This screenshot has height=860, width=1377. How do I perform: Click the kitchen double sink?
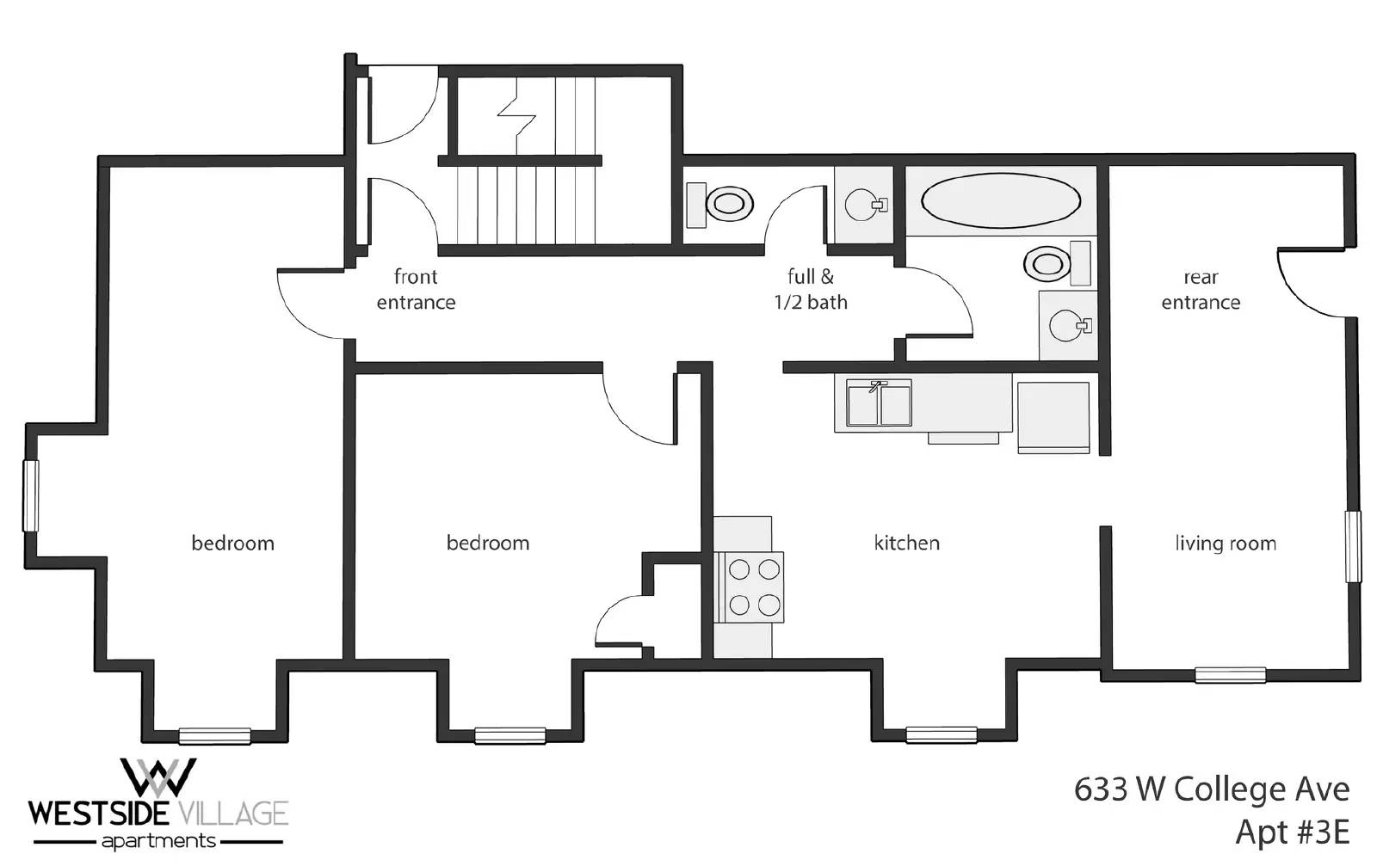(879, 403)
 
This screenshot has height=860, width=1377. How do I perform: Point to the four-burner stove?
(754, 587)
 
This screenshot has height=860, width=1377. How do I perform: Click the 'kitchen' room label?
(907, 543)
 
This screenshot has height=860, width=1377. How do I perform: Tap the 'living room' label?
(1226, 544)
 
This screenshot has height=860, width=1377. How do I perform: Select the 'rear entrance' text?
(1201, 289)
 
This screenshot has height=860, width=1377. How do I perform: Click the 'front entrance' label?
(416, 289)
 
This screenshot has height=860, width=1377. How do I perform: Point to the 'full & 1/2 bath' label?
(810, 289)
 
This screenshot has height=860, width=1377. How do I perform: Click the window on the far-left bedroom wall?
(31, 495)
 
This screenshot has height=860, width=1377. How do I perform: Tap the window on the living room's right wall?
(1352, 546)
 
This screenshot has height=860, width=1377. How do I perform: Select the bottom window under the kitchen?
(942, 734)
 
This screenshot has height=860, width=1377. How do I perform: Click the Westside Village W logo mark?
(158, 777)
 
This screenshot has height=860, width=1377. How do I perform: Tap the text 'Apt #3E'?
(1292, 832)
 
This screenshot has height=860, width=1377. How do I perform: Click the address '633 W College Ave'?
(1212, 789)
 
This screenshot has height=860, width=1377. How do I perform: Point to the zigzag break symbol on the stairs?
(516, 116)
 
